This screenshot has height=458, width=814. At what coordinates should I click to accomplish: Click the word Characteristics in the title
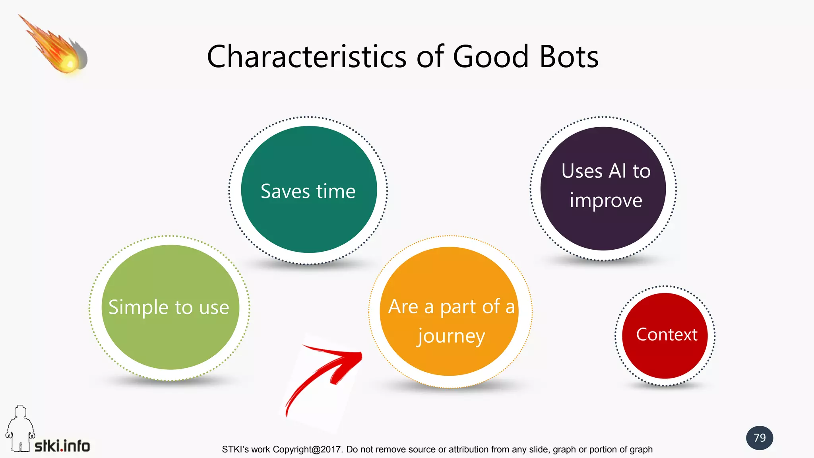[307, 57]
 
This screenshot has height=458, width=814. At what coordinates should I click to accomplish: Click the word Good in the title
[490, 57]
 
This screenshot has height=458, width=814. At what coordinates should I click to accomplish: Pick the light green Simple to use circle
[170, 342]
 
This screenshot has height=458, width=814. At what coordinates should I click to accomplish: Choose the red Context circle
[665, 358]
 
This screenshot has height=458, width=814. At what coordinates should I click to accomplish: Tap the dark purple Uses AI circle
[603, 231]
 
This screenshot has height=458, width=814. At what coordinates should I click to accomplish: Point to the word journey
[451, 337]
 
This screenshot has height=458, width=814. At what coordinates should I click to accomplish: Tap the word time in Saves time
[336, 192]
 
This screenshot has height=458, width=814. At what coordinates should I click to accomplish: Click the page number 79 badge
[760, 438]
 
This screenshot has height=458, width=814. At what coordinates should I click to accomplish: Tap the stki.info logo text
[62, 446]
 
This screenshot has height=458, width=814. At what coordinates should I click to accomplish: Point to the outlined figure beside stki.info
[20, 429]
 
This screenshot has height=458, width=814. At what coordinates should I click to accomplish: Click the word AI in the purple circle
[618, 171]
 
